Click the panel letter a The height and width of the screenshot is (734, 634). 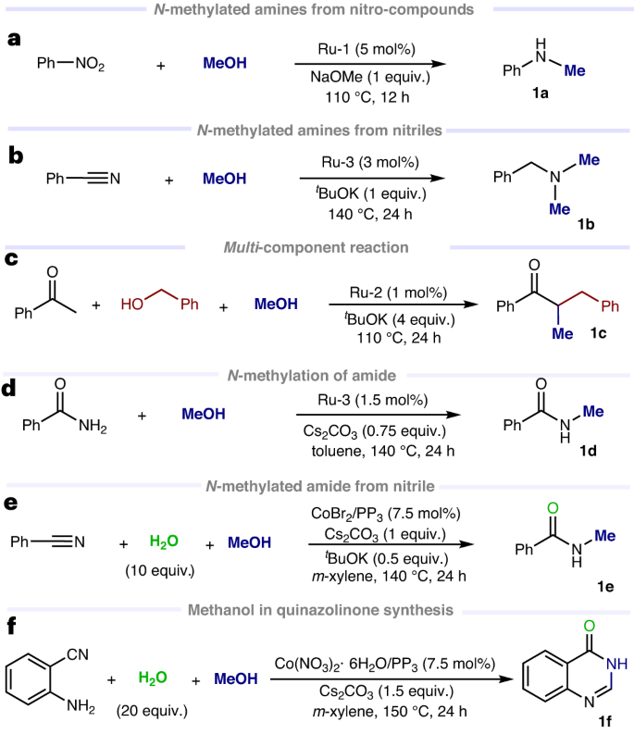click(x=13, y=40)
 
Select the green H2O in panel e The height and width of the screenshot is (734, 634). click(x=158, y=543)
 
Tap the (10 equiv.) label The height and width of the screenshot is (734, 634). click(x=158, y=569)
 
